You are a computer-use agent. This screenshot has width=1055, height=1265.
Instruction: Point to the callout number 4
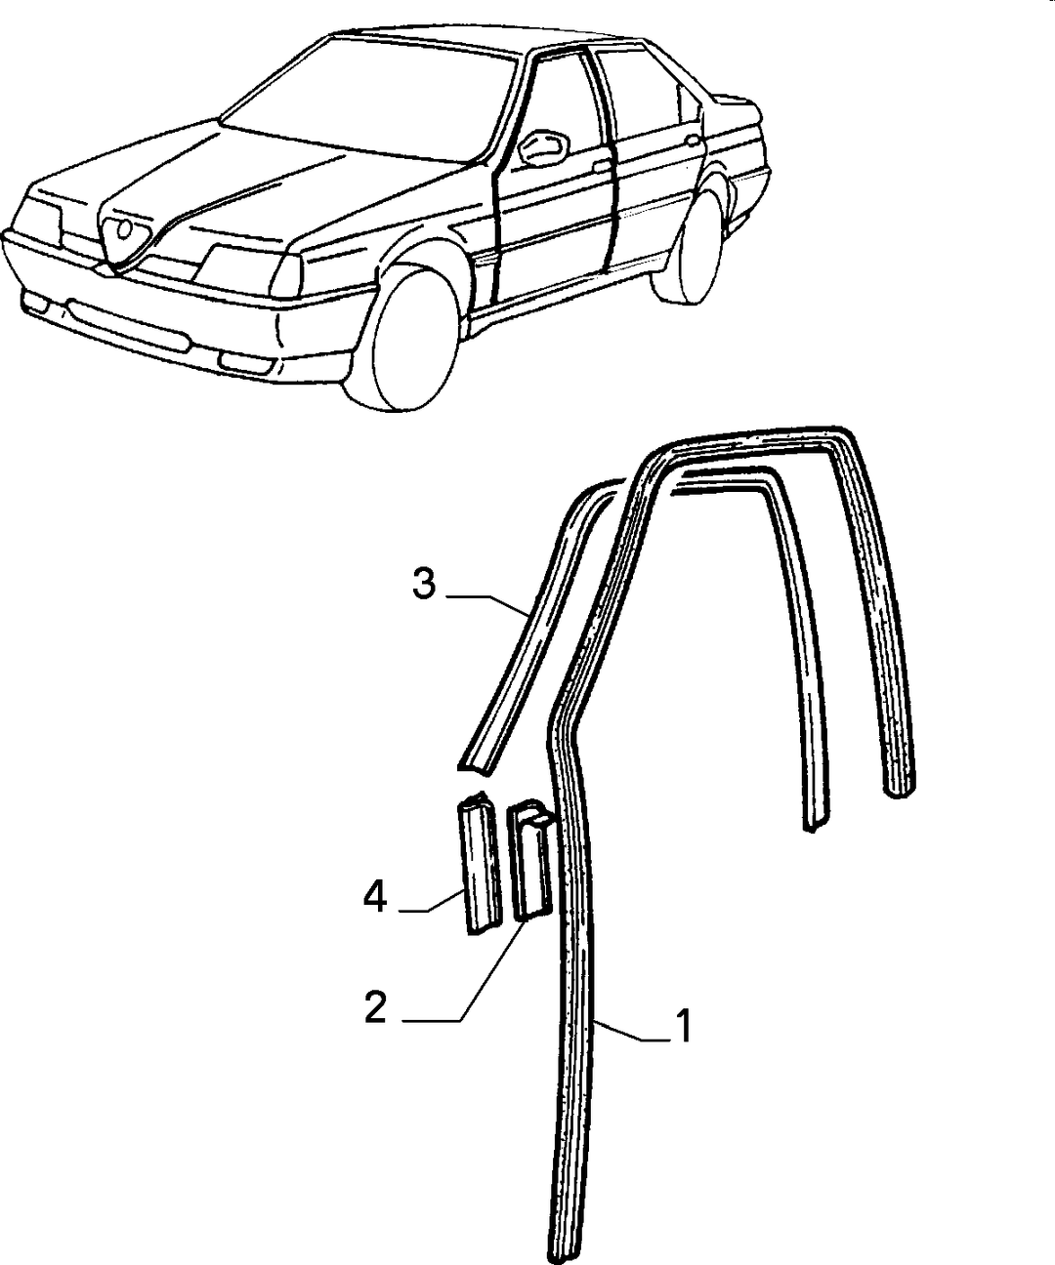click(375, 897)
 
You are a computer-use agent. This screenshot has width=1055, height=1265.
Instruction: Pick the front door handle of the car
click(602, 166)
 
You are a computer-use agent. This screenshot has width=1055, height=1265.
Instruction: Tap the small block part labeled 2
click(530, 860)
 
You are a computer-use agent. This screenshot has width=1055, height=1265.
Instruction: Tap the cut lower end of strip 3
click(476, 767)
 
